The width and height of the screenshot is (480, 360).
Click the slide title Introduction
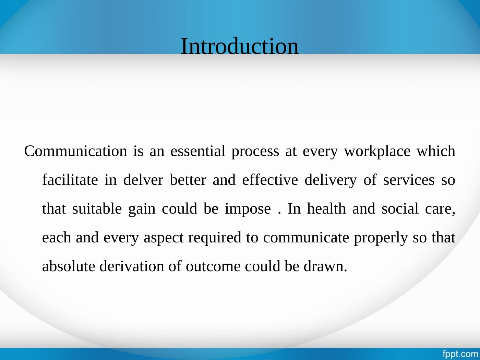click(x=239, y=46)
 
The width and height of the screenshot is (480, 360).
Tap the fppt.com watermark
click(x=460, y=354)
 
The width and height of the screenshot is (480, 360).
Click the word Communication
click(x=75, y=151)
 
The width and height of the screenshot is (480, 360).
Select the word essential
click(x=198, y=151)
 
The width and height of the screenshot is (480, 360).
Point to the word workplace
click(x=377, y=152)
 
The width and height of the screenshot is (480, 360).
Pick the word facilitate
click(x=70, y=180)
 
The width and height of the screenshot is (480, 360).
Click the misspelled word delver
click(x=143, y=180)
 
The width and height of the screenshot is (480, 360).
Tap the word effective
click(x=270, y=180)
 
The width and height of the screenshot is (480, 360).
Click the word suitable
click(x=97, y=209)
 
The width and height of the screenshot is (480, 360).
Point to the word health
click(x=326, y=209)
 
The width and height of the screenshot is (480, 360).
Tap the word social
click(x=400, y=209)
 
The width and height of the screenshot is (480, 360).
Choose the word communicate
click(x=306, y=238)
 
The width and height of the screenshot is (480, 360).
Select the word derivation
click(x=132, y=266)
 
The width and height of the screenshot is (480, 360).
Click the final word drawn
click(x=325, y=266)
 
